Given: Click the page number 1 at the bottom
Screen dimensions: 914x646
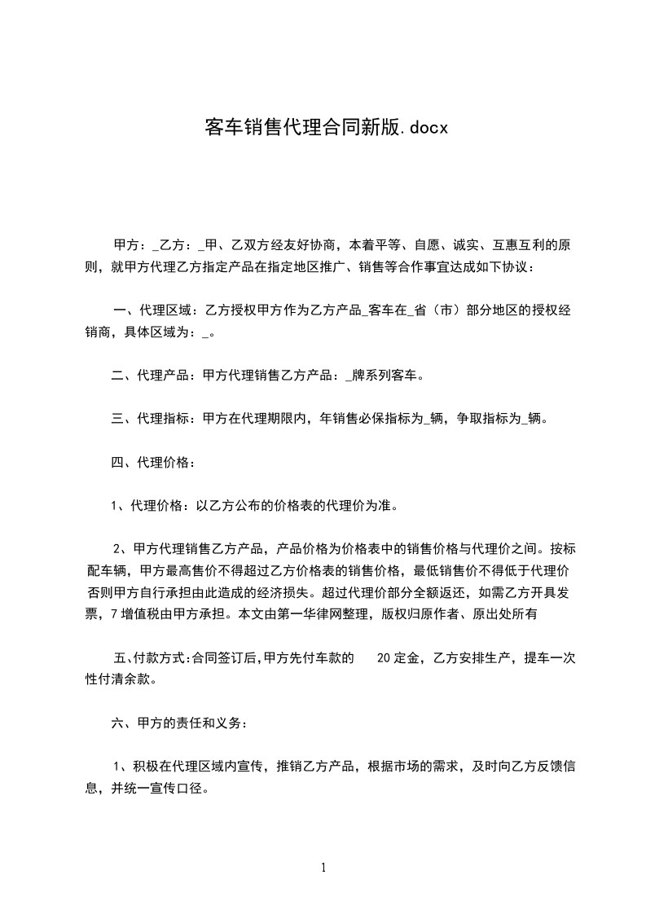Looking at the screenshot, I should coord(323,868).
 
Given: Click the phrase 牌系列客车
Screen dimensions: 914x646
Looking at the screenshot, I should coord(387,376).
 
